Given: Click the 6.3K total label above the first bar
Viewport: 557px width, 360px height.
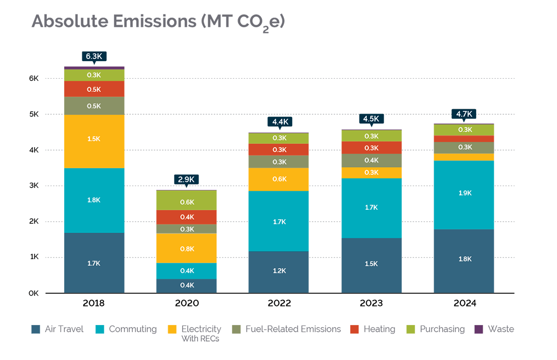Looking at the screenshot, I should point(94,56).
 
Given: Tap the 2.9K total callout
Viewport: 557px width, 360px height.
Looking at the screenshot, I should point(187,179).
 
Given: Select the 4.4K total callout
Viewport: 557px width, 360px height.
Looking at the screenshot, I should point(279,122).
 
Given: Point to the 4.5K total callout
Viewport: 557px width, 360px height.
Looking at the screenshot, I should point(371,119).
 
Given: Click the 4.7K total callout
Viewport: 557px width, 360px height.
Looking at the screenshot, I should point(463,114).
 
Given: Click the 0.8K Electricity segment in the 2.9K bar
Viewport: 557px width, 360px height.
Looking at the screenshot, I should point(187,248).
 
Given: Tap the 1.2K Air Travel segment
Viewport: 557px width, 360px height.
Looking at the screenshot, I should point(279,272).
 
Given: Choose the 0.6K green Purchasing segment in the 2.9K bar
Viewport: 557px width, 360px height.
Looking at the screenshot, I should point(187,201).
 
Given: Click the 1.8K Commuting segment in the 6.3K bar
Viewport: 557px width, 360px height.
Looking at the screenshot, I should point(94,200).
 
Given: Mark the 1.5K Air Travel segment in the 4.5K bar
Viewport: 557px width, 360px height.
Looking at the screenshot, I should point(371,265).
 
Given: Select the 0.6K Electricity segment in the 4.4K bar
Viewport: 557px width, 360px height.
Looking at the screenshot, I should point(279,179).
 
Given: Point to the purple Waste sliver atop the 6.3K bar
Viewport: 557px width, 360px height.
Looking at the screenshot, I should point(94,68).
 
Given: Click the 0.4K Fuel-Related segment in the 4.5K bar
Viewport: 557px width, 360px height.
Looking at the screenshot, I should point(371,160).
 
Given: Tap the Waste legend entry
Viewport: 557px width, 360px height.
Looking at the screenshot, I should point(493,329).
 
